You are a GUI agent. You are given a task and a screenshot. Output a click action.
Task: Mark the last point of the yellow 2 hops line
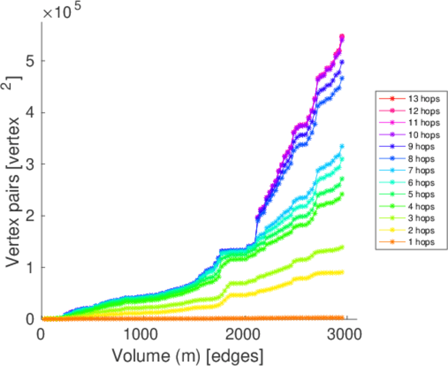[x=342, y=272]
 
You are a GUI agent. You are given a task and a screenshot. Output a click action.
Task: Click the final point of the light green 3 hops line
[x=342, y=247]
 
